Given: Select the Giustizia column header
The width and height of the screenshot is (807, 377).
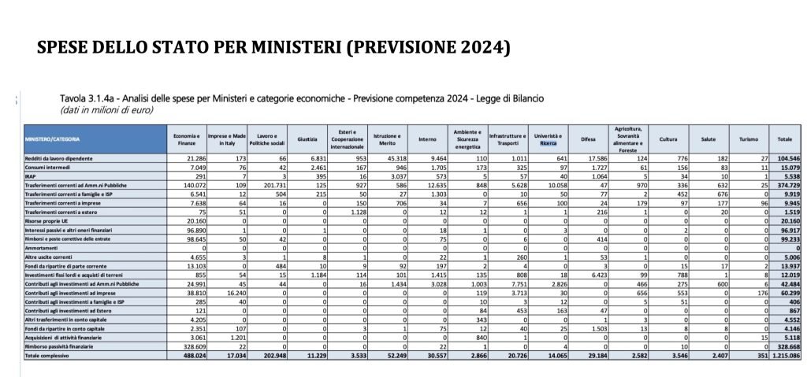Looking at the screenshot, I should click(x=307, y=139).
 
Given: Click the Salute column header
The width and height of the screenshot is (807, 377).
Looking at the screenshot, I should click(x=708, y=139).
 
